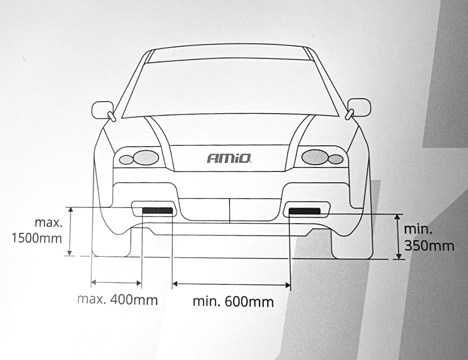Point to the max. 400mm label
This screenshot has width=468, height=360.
[x=117, y=300]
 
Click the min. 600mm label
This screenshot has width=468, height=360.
[x=233, y=301]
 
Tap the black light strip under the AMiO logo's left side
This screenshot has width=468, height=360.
[x=158, y=210]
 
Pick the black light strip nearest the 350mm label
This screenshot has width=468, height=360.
[x=304, y=210]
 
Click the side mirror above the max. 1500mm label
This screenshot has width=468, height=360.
[x=102, y=110]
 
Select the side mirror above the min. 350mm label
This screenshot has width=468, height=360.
[x=359, y=108]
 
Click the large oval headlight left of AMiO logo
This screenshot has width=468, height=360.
[x=146, y=157]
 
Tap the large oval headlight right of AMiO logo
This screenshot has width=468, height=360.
[x=315, y=157]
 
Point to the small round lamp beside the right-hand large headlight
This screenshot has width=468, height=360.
[x=336, y=159]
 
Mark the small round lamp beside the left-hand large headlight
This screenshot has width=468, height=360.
[x=126, y=159]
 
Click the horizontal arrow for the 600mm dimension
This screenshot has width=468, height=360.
[x=231, y=284]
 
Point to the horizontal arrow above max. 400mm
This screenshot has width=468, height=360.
[x=116, y=283]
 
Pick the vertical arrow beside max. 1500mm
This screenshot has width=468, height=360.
[x=70, y=231]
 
